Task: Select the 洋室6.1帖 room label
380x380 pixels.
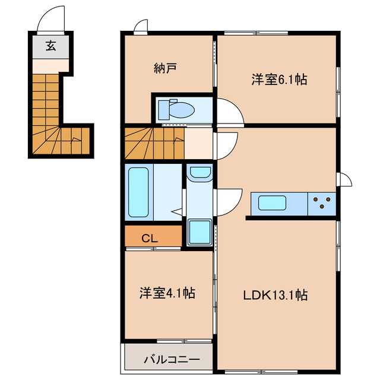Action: click(278, 80)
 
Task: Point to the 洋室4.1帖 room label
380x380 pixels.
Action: click(167, 293)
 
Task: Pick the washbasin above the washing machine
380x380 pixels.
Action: click(199, 173)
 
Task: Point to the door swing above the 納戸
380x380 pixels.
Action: click(141, 26)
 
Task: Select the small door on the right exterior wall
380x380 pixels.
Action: click(343, 179)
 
